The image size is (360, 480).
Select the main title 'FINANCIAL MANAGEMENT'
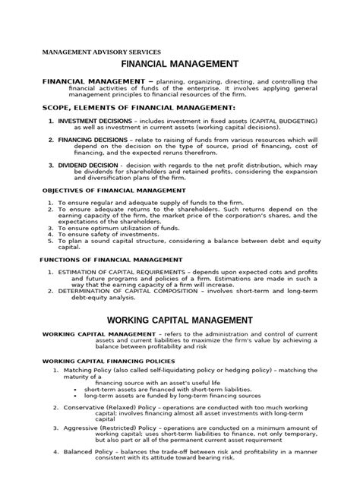point(180,65)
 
